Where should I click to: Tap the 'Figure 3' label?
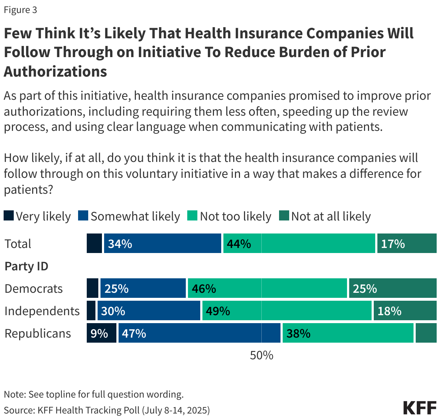tap(20, 10)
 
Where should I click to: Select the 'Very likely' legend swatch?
tap(9, 216)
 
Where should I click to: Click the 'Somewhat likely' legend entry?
tap(129, 216)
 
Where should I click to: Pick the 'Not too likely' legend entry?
tap(230, 216)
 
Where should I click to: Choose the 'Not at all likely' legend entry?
tap(325, 216)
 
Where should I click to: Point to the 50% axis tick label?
tap(261, 355)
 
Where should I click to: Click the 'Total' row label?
tap(18, 244)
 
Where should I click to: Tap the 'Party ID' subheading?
tap(26, 266)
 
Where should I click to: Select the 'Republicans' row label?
tap(38, 333)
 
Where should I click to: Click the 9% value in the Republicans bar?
tap(99, 333)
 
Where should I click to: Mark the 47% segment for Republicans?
tap(199, 333)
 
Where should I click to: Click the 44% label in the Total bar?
tap(239, 244)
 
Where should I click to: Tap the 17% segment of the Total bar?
tap(407, 244)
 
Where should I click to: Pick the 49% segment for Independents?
tap(287, 311)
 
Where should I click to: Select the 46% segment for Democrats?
tap(267, 288)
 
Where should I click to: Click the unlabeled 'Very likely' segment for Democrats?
tap(93, 288)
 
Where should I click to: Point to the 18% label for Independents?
tap(389, 311)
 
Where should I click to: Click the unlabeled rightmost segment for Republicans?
tap(426, 333)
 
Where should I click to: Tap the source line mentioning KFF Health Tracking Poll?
tap(107, 410)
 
